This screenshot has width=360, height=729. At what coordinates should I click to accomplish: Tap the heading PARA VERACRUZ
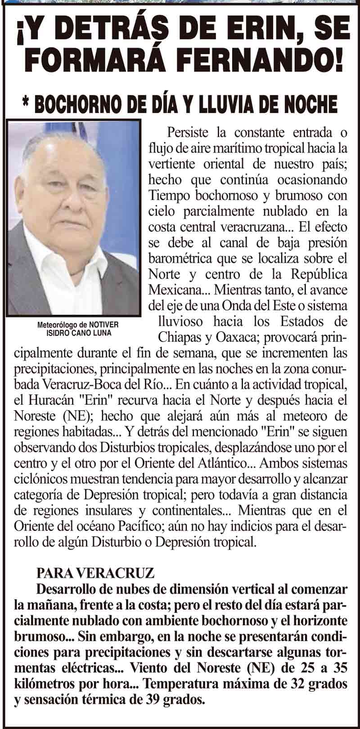coord(95,573)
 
